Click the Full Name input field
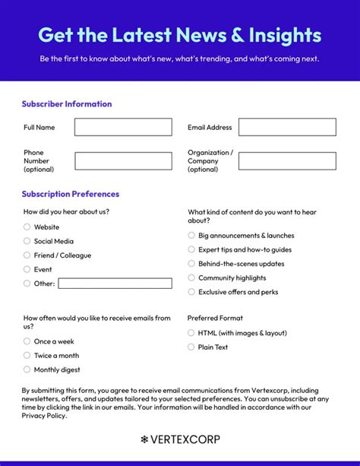(123, 127)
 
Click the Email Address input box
(287, 127)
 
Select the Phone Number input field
(123, 161)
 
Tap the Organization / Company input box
(287, 161)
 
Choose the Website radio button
(27, 227)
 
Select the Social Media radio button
(27, 241)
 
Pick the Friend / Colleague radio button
(27, 255)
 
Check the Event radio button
(27, 269)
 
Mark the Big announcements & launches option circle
(191, 236)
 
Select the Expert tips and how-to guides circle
(191, 249)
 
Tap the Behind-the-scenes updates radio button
(191, 264)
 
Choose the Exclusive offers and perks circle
(191, 292)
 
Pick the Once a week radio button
(27, 341)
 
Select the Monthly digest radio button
(27, 369)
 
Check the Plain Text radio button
(191, 347)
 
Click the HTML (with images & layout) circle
(191, 333)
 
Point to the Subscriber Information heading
(67, 104)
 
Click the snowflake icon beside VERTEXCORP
(144, 439)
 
